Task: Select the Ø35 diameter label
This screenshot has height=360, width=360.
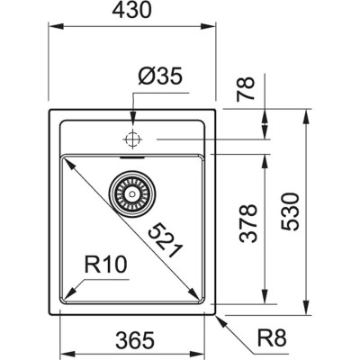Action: pyautogui.click(x=160, y=78)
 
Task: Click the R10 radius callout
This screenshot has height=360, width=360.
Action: pyautogui.click(x=103, y=266)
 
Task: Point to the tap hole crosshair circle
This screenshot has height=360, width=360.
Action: pyautogui.click(x=133, y=139)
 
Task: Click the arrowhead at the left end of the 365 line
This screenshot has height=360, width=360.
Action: pyautogui.click(x=64, y=326)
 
